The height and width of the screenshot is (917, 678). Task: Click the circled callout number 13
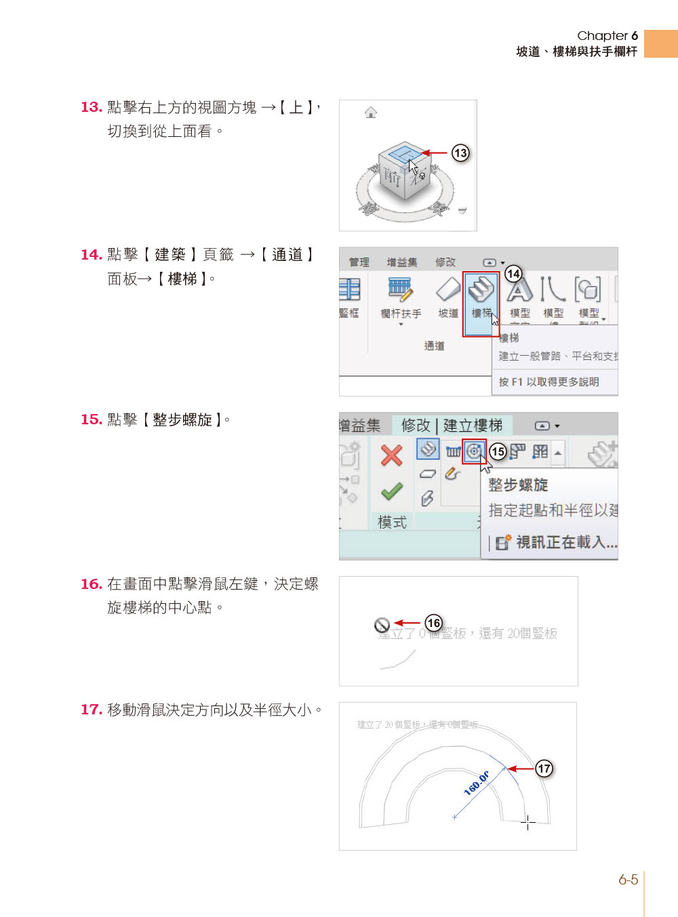click(x=460, y=152)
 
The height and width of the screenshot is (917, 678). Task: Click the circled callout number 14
click(x=513, y=273)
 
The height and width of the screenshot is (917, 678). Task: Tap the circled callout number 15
click(x=498, y=451)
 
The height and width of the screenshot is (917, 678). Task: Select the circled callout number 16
click(x=433, y=622)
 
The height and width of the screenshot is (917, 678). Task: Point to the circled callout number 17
click(x=544, y=768)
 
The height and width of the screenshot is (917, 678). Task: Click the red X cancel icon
click(x=391, y=455)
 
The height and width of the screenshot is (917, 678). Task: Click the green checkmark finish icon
click(x=391, y=491)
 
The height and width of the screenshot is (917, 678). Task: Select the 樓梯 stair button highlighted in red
click(x=481, y=298)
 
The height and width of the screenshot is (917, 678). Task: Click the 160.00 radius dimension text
click(x=477, y=783)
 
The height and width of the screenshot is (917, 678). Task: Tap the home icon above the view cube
click(x=371, y=113)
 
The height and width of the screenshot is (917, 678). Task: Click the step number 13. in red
click(x=91, y=107)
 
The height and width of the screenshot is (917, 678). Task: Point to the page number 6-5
click(x=628, y=880)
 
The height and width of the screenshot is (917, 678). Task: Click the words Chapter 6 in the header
click(x=607, y=36)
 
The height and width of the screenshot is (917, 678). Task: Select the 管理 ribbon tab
click(x=359, y=262)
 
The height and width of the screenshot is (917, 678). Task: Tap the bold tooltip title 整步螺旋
click(x=518, y=485)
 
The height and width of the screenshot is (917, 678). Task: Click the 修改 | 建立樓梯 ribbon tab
click(x=452, y=426)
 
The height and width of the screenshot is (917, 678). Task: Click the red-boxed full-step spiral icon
click(x=474, y=451)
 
